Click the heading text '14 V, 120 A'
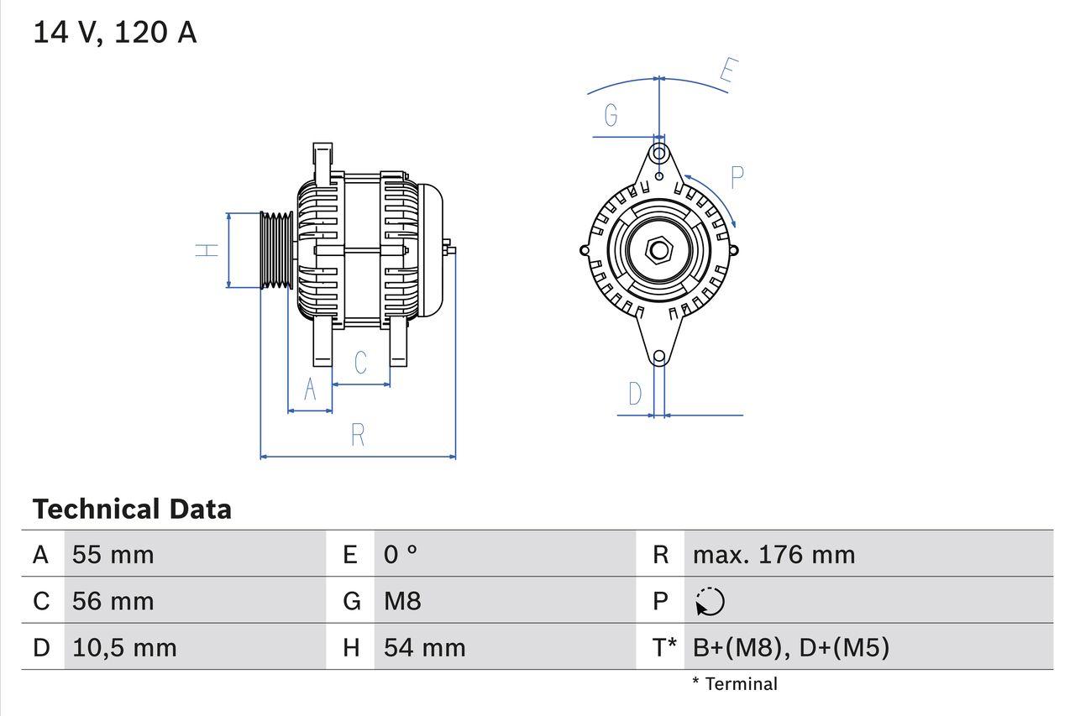pos(114,32)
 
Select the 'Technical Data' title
pos(132,509)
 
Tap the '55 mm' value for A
pos(113,554)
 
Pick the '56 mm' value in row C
pos(113,601)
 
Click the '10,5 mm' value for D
pos(124,647)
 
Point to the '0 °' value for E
pos(401,554)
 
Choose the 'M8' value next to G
pos(402,601)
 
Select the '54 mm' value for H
pos(424,647)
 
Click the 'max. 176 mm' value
pos(773,554)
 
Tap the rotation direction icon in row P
pos(710,601)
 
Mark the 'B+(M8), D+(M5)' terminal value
pos(790,647)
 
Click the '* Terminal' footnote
pos(735,684)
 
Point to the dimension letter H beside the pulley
pos(207,250)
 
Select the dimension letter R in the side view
pos(358,435)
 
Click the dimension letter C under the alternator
pos(360,363)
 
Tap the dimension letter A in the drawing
pos(310,390)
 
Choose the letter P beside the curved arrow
pos(737,178)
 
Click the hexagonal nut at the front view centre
pos(659,249)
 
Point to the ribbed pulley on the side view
pos(275,250)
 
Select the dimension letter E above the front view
pos(729,73)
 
